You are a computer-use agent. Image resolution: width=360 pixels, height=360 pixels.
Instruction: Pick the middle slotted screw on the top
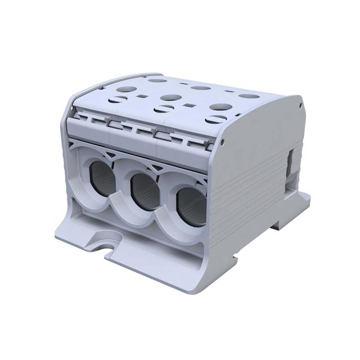tap(168, 107)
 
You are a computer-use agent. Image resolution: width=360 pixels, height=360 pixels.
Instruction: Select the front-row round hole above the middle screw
tap(168, 97)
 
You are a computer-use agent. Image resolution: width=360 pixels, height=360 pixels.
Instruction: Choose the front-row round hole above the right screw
tap(218, 106)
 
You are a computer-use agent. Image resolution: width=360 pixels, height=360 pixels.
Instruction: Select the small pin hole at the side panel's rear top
tap(301, 105)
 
